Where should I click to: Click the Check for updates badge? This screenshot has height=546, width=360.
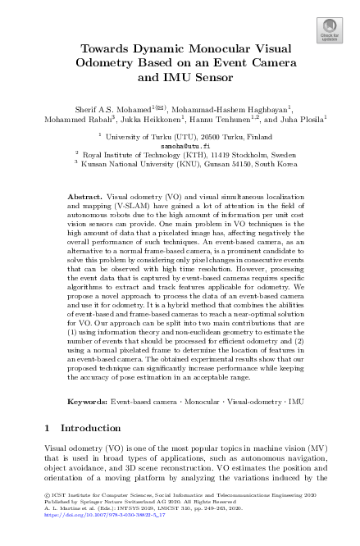(329, 30)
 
